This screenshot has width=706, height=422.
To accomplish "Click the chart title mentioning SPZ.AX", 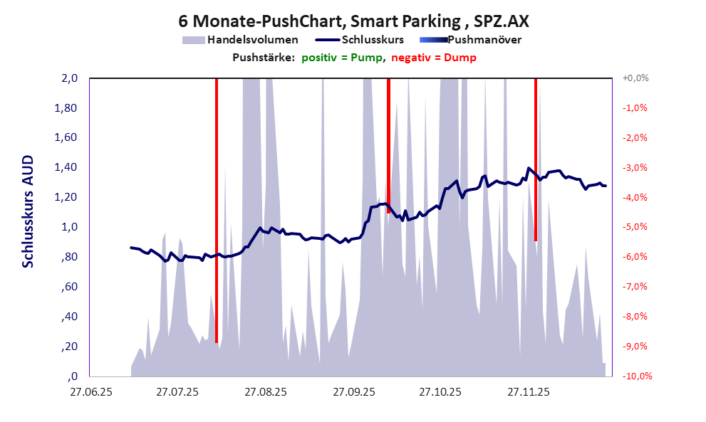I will (353, 21).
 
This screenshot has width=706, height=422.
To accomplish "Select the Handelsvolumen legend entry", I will (242, 40).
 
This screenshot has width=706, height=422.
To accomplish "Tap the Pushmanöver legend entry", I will (474, 40).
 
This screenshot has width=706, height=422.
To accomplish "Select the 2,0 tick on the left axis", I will (69, 78).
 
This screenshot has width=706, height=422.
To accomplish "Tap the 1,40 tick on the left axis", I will (66, 168).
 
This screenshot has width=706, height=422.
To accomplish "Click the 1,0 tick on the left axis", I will (69, 227).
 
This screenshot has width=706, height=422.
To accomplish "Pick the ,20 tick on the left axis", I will (69, 347).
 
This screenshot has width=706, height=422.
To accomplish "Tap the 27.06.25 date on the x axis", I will (90, 392).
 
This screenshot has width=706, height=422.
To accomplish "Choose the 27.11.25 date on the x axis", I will (528, 392).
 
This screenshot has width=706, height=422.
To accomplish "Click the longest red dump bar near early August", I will (217, 213).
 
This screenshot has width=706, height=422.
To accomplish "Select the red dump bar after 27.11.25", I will (536, 160).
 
